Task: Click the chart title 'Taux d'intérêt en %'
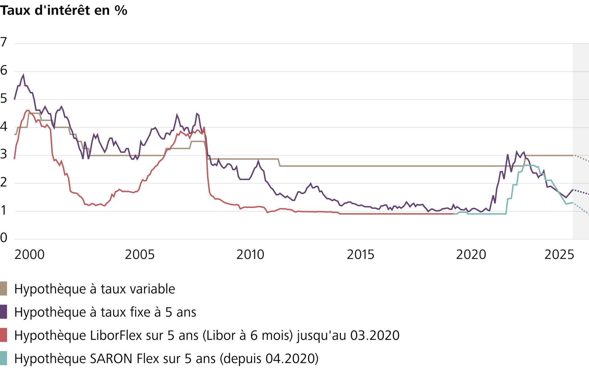(x=64, y=10)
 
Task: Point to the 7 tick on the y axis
(x=4, y=42)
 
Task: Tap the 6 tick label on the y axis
(x=4, y=70)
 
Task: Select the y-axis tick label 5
(x=4, y=98)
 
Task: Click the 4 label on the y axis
(x=4, y=126)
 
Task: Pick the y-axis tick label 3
(x=4, y=154)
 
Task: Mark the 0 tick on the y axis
(x=4, y=237)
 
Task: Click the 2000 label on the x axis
(x=29, y=255)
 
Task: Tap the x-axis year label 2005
(x=140, y=255)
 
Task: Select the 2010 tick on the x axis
(x=250, y=255)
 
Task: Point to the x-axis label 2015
(x=360, y=255)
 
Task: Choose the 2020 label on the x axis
(x=471, y=255)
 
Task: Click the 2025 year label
(x=559, y=255)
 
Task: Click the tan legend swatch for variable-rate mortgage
(x=3, y=289)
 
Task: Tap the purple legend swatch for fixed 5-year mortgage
(x=3, y=312)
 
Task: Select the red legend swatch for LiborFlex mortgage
(x=3, y=335)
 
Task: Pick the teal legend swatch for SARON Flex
(x=3, y=358)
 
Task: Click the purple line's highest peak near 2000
(x=23, y=75)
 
